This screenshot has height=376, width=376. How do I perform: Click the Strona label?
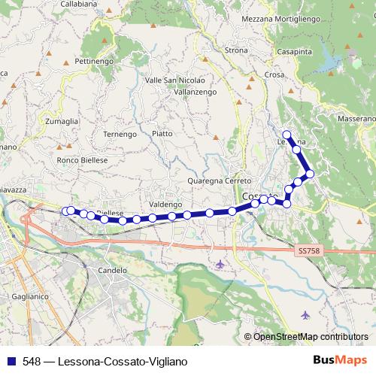tap(236, 50)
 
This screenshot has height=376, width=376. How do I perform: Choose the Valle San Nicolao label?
tap(174, 79)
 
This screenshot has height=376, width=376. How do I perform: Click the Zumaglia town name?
tap(62, 120)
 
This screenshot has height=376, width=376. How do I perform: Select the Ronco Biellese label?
tap(82, 160)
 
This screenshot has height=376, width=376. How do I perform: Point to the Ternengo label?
tap(119, 134)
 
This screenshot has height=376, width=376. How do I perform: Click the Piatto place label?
tap(162, 133)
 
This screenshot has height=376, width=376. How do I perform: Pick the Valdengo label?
tap(165, 204)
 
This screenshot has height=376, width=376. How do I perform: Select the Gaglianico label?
tap(32, 298)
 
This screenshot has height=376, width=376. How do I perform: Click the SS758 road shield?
tap(308, 250)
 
